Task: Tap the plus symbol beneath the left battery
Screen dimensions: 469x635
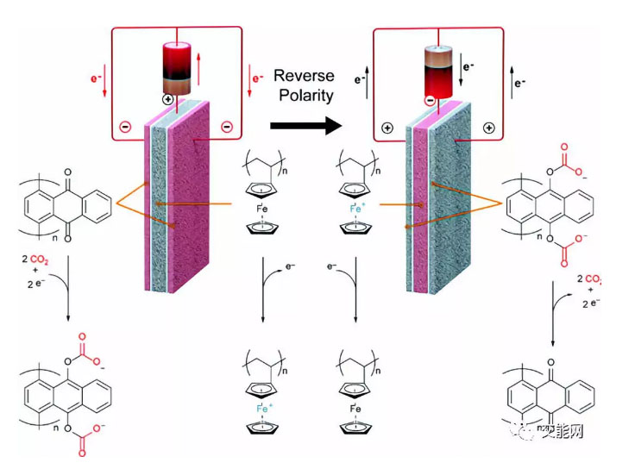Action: pyautogui.click(x=168, y=100)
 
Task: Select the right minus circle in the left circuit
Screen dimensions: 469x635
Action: pyautogui.click(x=227, y=127)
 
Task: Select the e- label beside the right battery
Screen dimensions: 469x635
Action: pyautogui.click(x=466, y=66)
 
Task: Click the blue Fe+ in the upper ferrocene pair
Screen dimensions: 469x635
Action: pyautogui.click(x=356, y=208)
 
